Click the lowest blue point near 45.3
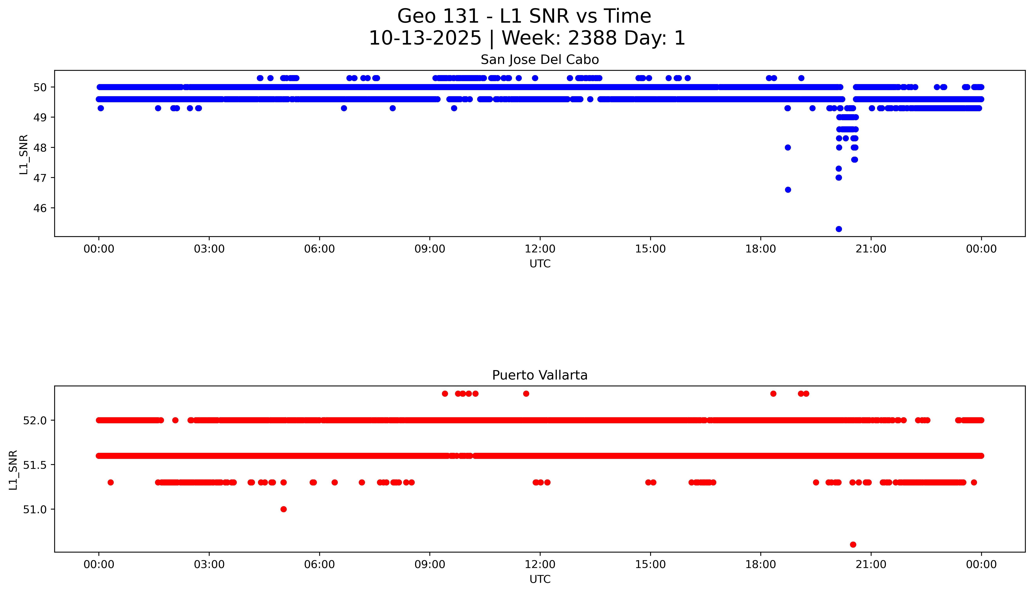838,229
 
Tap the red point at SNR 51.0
284,509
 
